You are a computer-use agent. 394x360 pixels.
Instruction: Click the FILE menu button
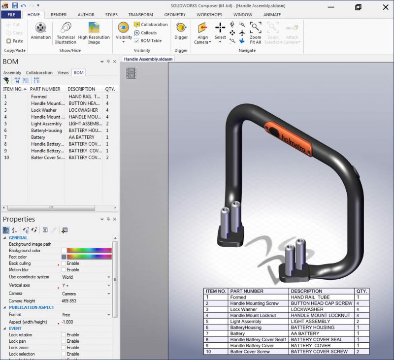click(11, 15)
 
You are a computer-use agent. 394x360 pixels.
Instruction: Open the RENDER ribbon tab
click(59, 15)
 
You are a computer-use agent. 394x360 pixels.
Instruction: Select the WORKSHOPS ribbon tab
click(209, 15)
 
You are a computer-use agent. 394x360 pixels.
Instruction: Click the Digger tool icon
click(181, 28)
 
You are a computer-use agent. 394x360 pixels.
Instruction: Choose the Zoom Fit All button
click(255, 33)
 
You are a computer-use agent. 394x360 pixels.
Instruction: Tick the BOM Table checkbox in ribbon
click(136, 41)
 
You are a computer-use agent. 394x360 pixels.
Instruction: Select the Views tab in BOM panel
click(63, 72)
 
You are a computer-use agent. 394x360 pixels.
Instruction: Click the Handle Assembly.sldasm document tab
click(148, 59)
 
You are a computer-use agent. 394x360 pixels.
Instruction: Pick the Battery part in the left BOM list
click(38, 137)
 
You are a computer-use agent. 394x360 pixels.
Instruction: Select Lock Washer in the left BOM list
click(44, 110)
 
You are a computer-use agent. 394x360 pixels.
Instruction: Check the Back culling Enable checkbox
click(64, 263)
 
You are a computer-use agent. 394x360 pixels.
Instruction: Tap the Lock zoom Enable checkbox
click(64, 348)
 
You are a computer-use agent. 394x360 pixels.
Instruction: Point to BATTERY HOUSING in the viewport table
click(312, 327)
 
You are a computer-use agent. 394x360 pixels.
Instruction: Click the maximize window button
click(358, 6)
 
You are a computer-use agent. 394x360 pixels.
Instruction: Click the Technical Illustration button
click(66, 33)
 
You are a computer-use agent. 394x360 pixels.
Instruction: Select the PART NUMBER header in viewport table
click(247, 291)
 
